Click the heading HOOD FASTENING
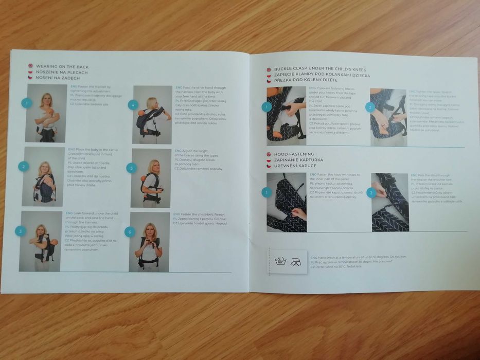(x=294, y=154)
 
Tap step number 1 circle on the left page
(x=27, y=103)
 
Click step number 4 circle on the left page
(x=133, y=105)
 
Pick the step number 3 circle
(x=20, y=231)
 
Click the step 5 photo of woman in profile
(x=151, y=178)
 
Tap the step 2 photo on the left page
(x=44, y=176)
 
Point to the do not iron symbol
(x=297, y=261)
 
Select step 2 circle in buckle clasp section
(x=369, y=107)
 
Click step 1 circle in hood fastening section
(x=266, y=192)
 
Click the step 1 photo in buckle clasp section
(x=286, y=113)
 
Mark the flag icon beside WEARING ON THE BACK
(x=30, y=66)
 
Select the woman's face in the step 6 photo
(x=150, y=228)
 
